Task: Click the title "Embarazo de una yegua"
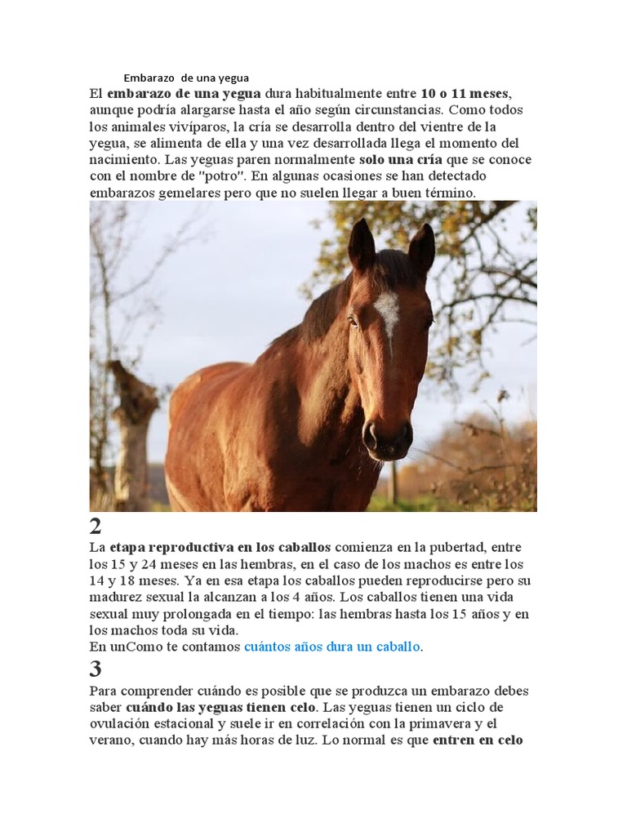tap(186, 78)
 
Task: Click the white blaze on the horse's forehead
tap(387, 310)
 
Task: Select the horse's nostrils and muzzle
tap(387, 438)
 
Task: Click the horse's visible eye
tap(354, 320)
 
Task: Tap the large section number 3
tap(96, 669)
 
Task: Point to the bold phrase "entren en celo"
tap(478, 740)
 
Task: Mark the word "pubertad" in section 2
tap(473, 547)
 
